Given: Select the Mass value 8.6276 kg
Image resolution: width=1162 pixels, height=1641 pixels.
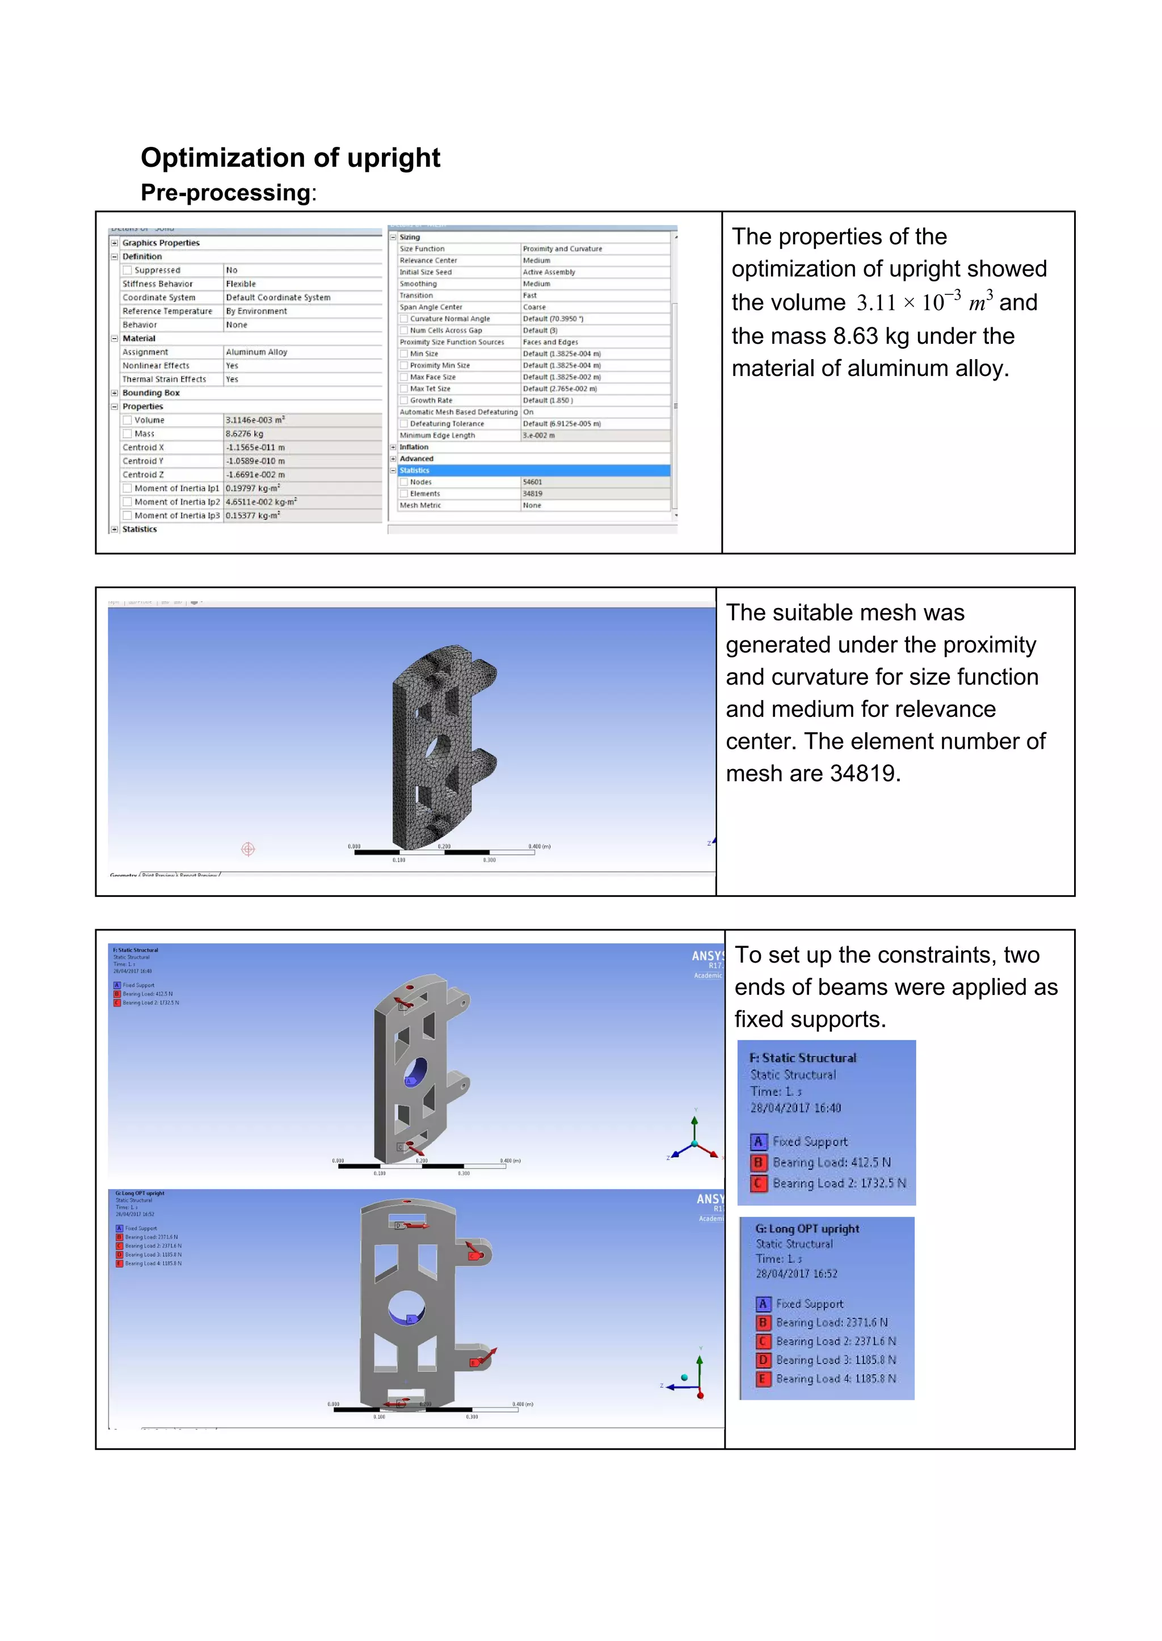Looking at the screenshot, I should click(245, 434).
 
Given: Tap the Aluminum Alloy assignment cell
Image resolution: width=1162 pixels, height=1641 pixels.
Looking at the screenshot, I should click(256, 352).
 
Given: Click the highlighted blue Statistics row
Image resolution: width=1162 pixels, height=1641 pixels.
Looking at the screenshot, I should click(529, 471).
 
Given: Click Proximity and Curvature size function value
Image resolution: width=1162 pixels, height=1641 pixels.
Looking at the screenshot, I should click(562, 249).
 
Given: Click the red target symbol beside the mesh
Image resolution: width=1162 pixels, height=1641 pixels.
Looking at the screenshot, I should click(247, 849).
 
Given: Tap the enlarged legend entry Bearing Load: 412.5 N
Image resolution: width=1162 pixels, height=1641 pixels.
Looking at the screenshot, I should click(831, 1162).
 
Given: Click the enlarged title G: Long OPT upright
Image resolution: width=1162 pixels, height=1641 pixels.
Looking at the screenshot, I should click(807, 1229).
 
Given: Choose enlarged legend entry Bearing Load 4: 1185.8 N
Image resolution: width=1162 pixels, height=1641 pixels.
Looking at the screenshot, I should click(835, 1378).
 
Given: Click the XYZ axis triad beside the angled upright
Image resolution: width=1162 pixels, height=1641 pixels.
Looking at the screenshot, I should click(693, 1140).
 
